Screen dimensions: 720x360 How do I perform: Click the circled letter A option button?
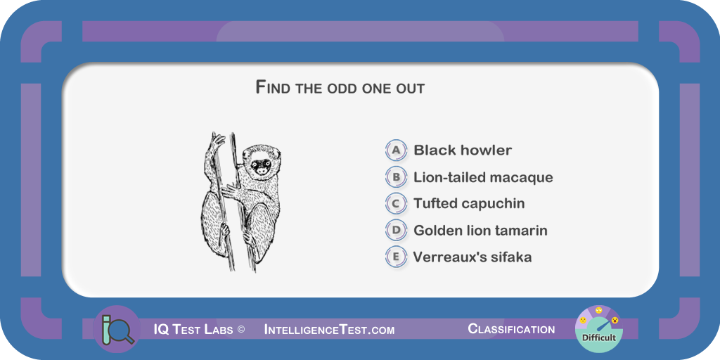point(396,150)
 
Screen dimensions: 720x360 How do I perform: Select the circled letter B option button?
point(396,176)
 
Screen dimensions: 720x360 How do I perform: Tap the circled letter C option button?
point(396,203)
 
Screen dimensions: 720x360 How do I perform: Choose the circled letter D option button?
point(396,230)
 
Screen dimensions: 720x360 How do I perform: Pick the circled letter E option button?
point(396,257)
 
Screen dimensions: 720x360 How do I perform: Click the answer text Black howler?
point(463,150)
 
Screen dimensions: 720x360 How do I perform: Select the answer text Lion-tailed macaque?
point(483,177)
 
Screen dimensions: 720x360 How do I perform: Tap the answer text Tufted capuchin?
point(469,203)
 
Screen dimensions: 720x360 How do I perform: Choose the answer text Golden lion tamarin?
point(480,230)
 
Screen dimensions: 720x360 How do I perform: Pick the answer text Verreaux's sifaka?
point(472,257)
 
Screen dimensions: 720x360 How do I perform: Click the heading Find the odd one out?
point(340,87)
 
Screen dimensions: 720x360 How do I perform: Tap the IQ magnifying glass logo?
point(117,329)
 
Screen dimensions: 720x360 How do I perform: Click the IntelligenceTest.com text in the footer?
point(329,329)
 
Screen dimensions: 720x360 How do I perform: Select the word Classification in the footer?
point(511,329)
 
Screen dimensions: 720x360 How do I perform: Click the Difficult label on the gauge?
point(599,338)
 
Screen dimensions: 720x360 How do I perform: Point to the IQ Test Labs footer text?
point(193,329)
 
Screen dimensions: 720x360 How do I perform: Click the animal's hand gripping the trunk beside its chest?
point(230,191)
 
